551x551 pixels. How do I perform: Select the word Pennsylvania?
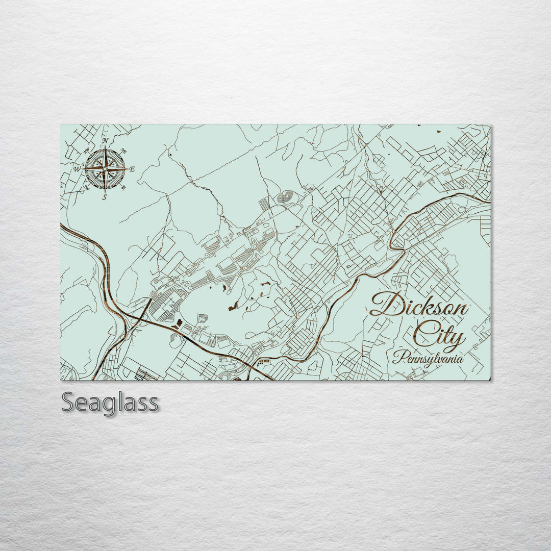tap(428, 358)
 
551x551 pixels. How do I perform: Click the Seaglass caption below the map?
tap(110, 403)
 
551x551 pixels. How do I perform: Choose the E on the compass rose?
tap(132, 169)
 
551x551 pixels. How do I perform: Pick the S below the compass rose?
tap(105, 197)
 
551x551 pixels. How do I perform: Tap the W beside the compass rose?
tap(77, 169)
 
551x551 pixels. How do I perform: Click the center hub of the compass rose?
tap(105, 169)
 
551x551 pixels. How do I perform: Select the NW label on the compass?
tap(87, 151)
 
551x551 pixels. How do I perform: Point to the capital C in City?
tap(423, 335)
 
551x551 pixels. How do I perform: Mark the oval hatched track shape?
tap(286, 196)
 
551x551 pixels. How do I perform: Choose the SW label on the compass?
tap(87, 187)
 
